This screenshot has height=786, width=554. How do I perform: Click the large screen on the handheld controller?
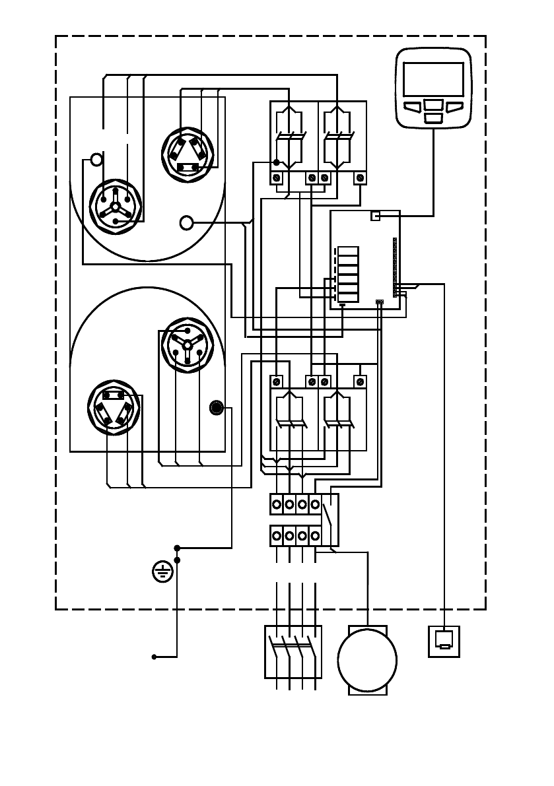tap(433, 79)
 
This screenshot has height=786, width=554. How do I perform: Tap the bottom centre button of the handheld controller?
tap(433, 117)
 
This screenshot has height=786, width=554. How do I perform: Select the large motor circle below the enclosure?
tap(367, 659)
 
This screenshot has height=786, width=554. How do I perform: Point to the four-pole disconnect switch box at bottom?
tap(293, 651)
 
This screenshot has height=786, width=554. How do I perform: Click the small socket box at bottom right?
tap(444, 641)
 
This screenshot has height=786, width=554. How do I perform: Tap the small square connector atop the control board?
tap(376, 216)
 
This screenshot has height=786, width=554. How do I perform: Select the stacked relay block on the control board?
tap(349, 274)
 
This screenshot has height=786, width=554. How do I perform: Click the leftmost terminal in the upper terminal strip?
tap(277, 504)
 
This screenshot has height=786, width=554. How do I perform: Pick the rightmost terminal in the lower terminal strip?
tap(316, 535)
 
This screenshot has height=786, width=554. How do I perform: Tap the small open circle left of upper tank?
tap(96, 159)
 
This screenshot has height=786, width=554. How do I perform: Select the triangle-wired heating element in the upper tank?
tap(188, 154)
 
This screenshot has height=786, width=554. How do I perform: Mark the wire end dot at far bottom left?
tap(154, 657)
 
